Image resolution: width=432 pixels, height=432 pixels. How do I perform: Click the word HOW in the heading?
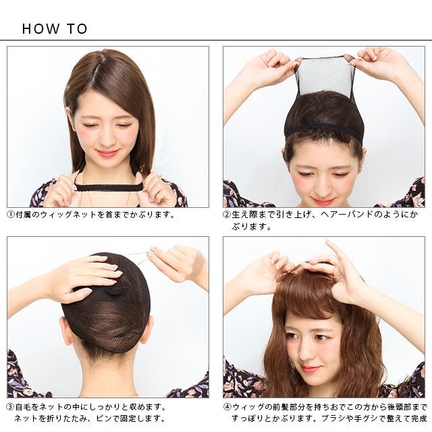tap(40, 28)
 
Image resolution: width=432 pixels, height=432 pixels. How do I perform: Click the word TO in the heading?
tap(78, 28)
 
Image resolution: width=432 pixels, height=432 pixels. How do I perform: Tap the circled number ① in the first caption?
tap(11, 215)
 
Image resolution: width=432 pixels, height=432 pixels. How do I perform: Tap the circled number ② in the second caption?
tap(227, 215)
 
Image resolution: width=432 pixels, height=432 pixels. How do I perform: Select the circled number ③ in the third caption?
tap(11, 407)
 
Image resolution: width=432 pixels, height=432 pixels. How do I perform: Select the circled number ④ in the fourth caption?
tap(227, 407)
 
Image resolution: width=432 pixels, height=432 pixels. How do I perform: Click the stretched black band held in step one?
tap(108, 188)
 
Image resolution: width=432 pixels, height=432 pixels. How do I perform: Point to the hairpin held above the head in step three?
tap(139, 258)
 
